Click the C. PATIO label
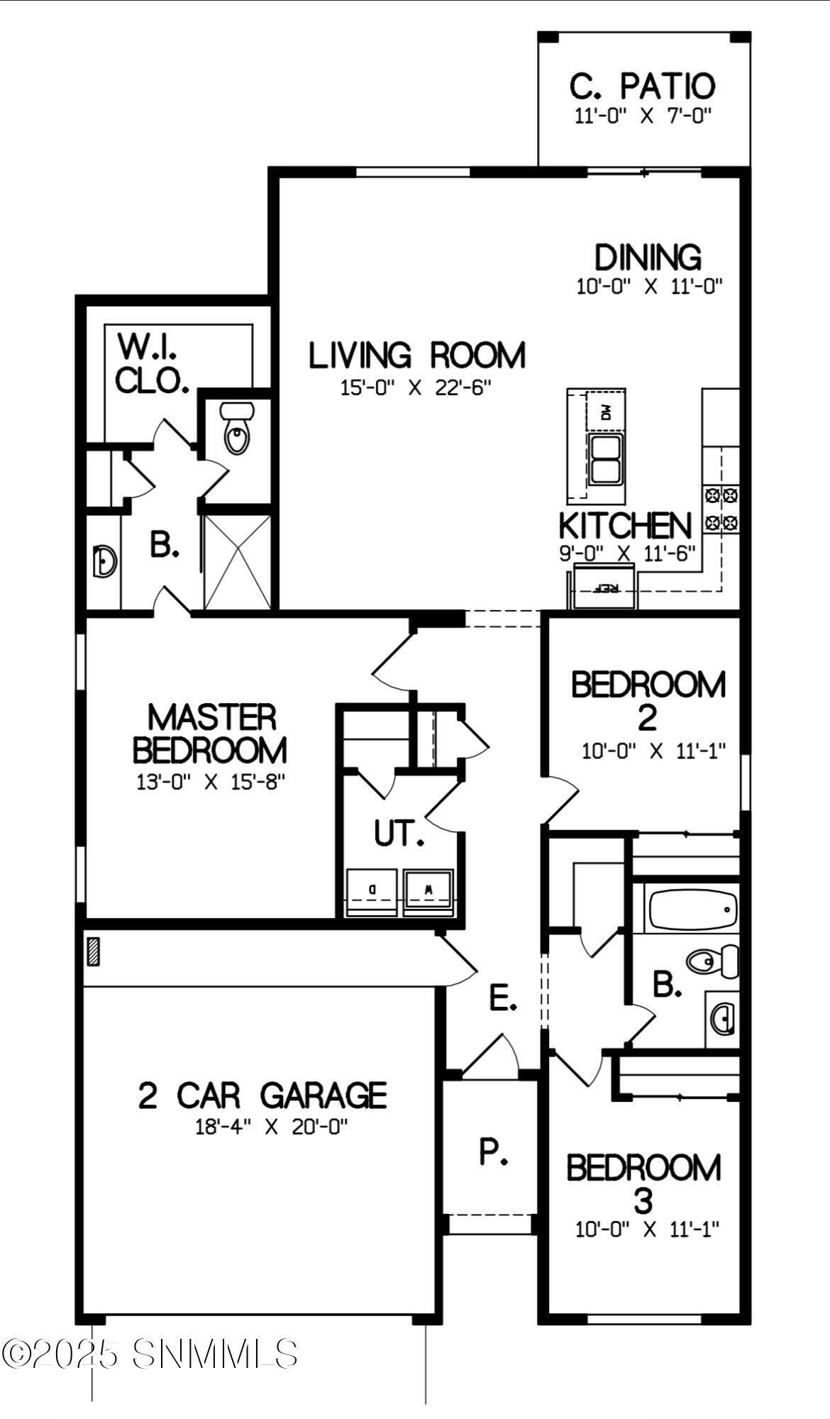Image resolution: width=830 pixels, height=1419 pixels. click(642, 87)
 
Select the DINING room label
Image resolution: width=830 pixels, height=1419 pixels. click(648, 258)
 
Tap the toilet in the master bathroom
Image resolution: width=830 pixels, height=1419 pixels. click(236, 429)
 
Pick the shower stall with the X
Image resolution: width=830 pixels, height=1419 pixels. click(237, 561)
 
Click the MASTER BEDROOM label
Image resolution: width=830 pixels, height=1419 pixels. click(211, 734)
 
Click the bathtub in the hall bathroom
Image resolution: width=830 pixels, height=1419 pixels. click(694, 910)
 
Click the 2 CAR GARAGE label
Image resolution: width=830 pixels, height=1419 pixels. click(262, 1095)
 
